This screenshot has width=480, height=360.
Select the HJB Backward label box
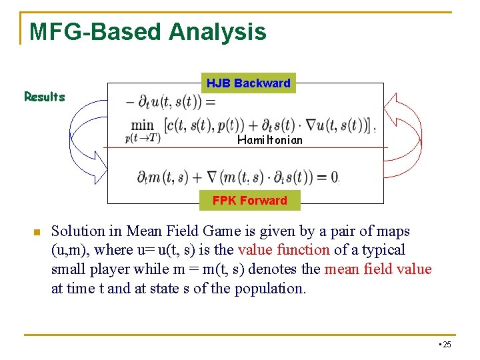(x=248, y=83)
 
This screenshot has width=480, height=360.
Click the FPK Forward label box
(x=249, y=200)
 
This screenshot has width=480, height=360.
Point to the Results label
(x=45, y=97)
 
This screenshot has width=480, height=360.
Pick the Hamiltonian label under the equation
(x=269, y=140)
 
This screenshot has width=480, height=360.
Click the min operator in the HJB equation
(x=142, y=125)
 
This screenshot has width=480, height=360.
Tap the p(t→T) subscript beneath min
(x=143, y=138)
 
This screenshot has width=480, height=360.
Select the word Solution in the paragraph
(x=78, y=231)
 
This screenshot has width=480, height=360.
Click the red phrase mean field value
(x=377, y=269)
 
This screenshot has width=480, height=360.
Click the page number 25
(x=446, y=344)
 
